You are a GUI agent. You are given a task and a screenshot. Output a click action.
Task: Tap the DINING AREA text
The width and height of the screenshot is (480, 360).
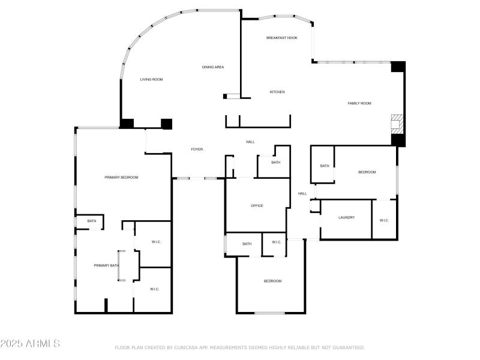pos(213,67)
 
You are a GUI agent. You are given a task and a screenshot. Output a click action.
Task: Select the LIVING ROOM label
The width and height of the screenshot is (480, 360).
pos(152,79)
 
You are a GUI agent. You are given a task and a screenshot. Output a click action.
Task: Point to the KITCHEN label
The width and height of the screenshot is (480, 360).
pos(277,92)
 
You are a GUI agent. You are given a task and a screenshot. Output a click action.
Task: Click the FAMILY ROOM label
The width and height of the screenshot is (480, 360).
pos(359,103)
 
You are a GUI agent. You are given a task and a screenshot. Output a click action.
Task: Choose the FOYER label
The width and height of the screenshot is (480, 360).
pos(197,149)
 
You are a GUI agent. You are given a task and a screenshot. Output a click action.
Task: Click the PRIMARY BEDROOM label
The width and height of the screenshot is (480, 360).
pos(121,177)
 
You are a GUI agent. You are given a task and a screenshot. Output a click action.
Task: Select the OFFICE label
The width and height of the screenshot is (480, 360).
pos(257,206)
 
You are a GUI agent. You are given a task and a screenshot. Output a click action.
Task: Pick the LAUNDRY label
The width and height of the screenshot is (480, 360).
pos(346,217)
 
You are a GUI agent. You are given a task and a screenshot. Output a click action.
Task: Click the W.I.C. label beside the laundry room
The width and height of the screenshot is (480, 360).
pos(384,220)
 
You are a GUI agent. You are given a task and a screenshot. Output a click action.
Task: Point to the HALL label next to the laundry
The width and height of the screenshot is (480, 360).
pos(302,193)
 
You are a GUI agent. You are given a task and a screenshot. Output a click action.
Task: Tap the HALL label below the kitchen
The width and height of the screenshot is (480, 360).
pos(250,142)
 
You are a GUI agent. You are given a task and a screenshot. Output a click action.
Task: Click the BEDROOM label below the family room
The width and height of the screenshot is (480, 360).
pos(367,172)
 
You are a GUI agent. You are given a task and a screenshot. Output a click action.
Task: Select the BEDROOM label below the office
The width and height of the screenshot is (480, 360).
pos(272,281)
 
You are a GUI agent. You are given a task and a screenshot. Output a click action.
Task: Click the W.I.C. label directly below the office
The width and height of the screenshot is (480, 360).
pos(276,242)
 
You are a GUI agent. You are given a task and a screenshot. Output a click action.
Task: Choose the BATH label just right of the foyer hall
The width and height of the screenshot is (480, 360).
pos(275,163)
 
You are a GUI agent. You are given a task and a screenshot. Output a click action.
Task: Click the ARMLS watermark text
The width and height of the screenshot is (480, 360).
pos(30,344)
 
